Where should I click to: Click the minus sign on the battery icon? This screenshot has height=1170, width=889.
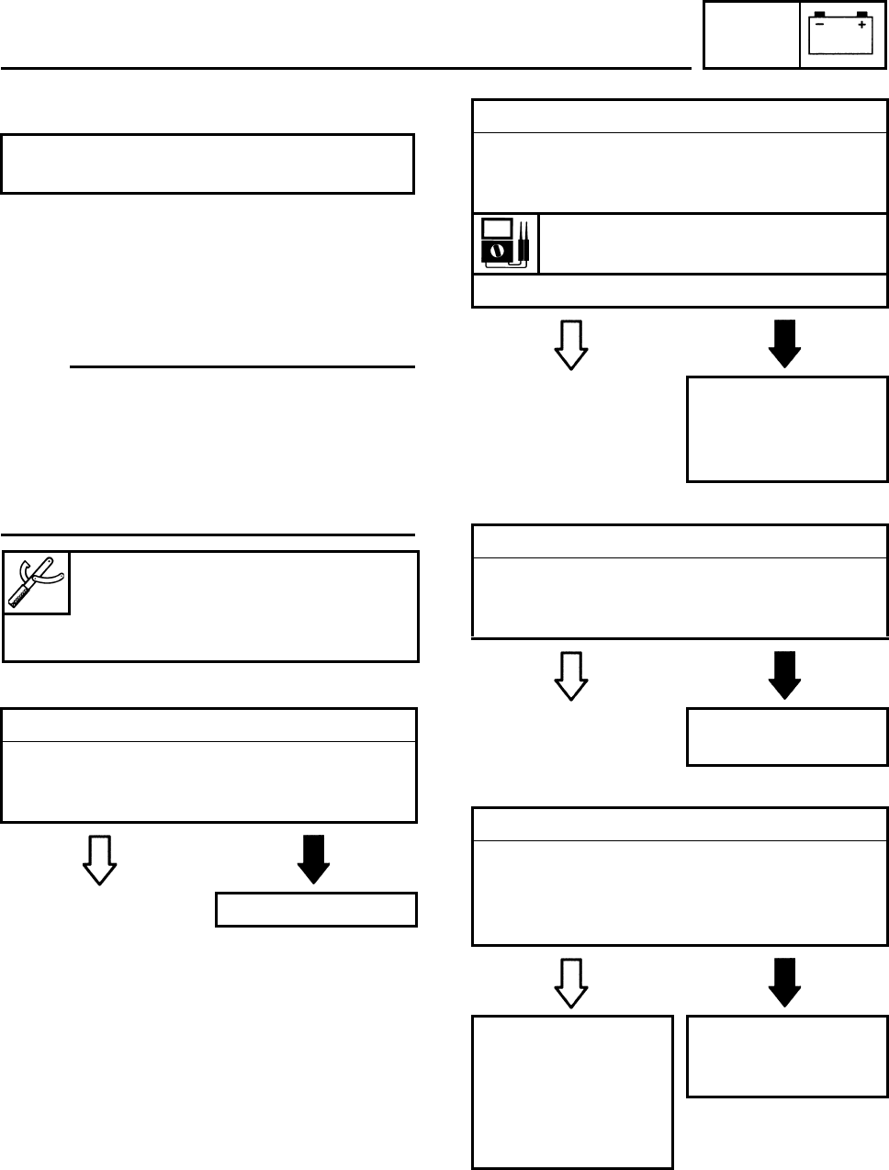(820, 26)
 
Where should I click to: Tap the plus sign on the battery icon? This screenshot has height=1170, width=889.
(861, 26)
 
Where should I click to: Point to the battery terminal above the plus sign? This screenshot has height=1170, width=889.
(861, 14)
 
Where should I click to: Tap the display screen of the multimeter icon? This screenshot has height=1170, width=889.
(497, 228)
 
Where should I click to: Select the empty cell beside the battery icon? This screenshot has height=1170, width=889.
(751, 35)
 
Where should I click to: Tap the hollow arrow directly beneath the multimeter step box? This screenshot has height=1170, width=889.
(571, 345)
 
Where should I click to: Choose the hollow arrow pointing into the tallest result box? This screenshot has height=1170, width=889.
(571, 983)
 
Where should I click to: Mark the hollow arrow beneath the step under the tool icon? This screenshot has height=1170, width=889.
(99, 861)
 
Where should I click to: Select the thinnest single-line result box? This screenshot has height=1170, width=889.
(316, 909)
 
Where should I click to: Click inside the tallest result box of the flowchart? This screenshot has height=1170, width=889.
(572, 1091)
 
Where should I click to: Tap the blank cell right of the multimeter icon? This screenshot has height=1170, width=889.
(713, 243)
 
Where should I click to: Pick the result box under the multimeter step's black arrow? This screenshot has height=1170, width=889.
(787, 428)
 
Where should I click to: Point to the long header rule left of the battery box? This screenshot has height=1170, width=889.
(345, 68)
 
